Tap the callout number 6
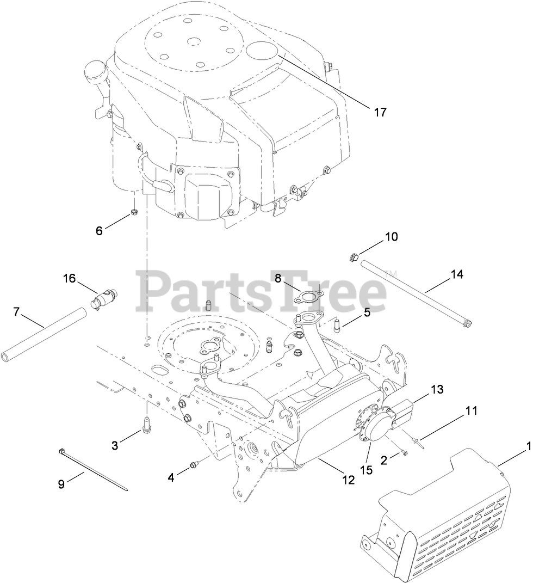pyautogui.click(x=99, y=230)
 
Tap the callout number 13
pyautogui.click(x=438, y=390)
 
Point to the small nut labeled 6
pyautogui.click(x=133, y=211)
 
